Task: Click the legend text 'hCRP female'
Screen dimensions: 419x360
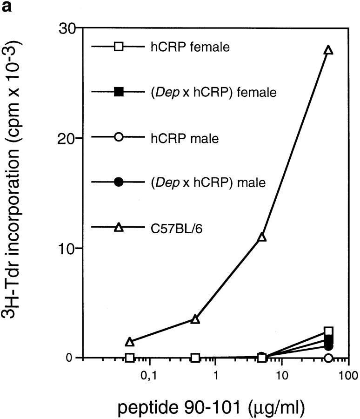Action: [190, 47]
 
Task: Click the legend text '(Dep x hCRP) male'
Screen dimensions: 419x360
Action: [207, 182]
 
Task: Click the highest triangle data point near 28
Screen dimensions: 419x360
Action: [329, 50]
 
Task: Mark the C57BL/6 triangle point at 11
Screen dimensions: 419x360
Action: [262, 237]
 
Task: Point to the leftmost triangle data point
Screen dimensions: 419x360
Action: [130, 342]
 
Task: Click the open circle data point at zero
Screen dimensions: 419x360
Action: [329, 358]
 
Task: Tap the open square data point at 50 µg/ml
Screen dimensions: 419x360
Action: [329, 331]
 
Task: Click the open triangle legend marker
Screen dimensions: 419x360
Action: [119, 228]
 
